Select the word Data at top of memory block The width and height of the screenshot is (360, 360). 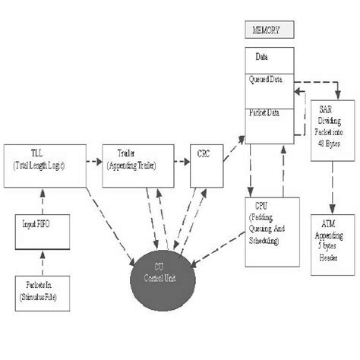pyautogui.click(x=261, y=56)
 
